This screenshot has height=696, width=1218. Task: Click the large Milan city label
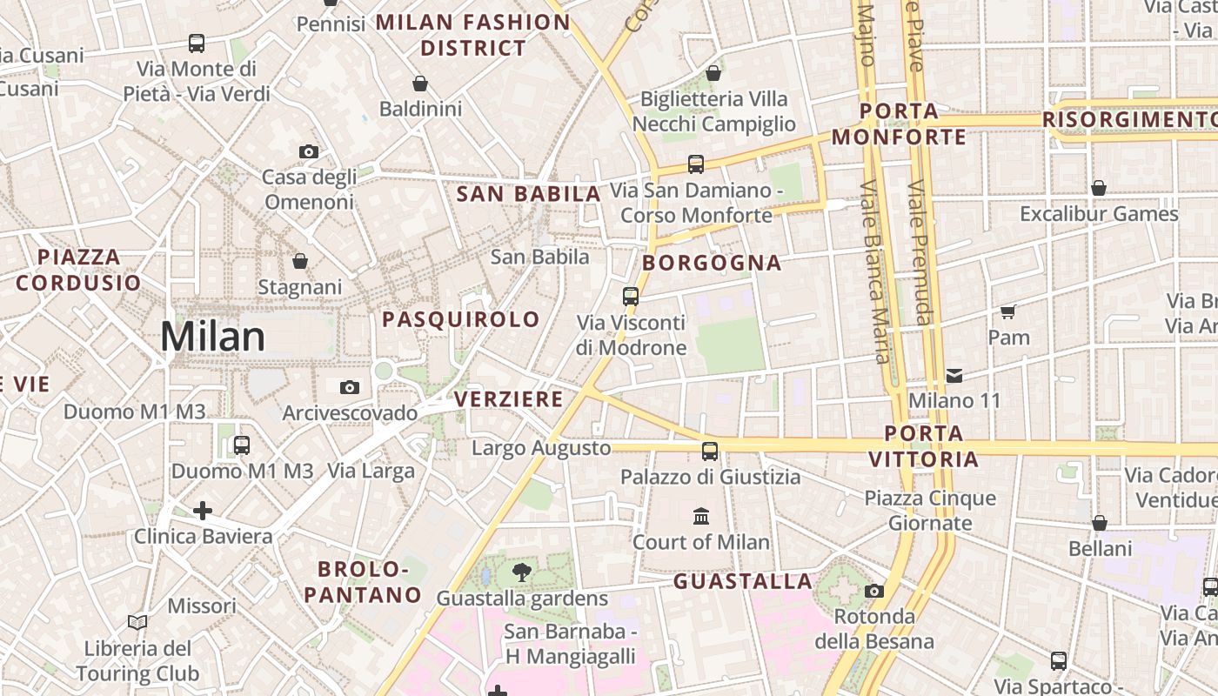pyautogui.click(x=212, y=337)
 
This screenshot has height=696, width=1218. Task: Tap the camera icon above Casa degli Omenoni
pyautogui.click(x=308, y=151)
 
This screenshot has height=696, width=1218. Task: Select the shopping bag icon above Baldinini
pyautogui.click(x=420, y=84)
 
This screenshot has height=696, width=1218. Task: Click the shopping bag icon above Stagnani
pyautogui.click(x=300, y=261)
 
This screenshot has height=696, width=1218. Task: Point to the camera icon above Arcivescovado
pyautogui.click(x=349, y=387)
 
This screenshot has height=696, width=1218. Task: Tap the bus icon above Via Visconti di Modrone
pyautogui.click(x=631, y=296)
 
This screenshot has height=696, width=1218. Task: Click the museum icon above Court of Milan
pyautogui.click(x=701, y=517)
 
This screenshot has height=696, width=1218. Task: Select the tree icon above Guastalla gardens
pyautogui.click(x=522, y=572)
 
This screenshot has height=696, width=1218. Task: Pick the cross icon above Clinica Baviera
pyautogui.click(x=203, y=511)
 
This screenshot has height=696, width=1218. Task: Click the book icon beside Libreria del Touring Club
pyautogui.click(x=137, y=622)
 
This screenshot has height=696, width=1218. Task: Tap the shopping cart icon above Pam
pyautogui.click(x=1008, y=311)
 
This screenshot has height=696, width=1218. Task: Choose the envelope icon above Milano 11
pyautogui.click(x=954, y=376)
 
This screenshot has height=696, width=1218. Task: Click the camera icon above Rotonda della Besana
pyautogui.click(x=874, y=592)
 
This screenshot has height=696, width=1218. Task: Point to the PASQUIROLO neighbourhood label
pyautogui.click(x=461, y=319)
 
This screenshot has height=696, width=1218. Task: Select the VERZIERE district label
pyautogui.click(x=509, y=399)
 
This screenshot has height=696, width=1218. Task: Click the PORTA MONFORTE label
pyautogui.click(x=899, y=124)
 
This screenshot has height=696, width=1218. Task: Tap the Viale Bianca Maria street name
pyautogui.click(x=873, y=270)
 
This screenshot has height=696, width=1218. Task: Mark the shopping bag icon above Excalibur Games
pyautogui.click(x=1099, y=188)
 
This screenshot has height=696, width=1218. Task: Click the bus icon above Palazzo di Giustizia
pyautogui.click(x=710, y=451)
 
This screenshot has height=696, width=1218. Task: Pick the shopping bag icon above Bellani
pyautogui.click(x=1100, y=523)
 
